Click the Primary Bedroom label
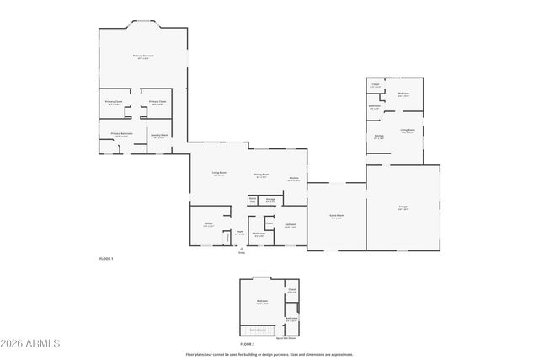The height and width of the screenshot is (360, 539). tap(143, 56)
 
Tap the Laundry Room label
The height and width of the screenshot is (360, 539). tap(159, 135)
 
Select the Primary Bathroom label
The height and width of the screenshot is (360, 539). tap(121, 133)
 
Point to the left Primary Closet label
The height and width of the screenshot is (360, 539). tap(114, 101)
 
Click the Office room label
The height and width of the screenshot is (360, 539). tap(208, 223)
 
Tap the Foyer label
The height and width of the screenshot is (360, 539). tap(239, 232)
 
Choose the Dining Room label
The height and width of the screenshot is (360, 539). tap(261, 175)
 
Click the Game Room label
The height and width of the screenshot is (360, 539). tap(335, 215)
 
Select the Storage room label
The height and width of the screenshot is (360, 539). tap(270, 200)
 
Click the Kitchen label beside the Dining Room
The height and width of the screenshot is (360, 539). tap(294, 178)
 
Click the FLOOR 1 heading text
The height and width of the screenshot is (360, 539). tap(105, 258)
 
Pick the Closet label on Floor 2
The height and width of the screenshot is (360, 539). tap(291, 291)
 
